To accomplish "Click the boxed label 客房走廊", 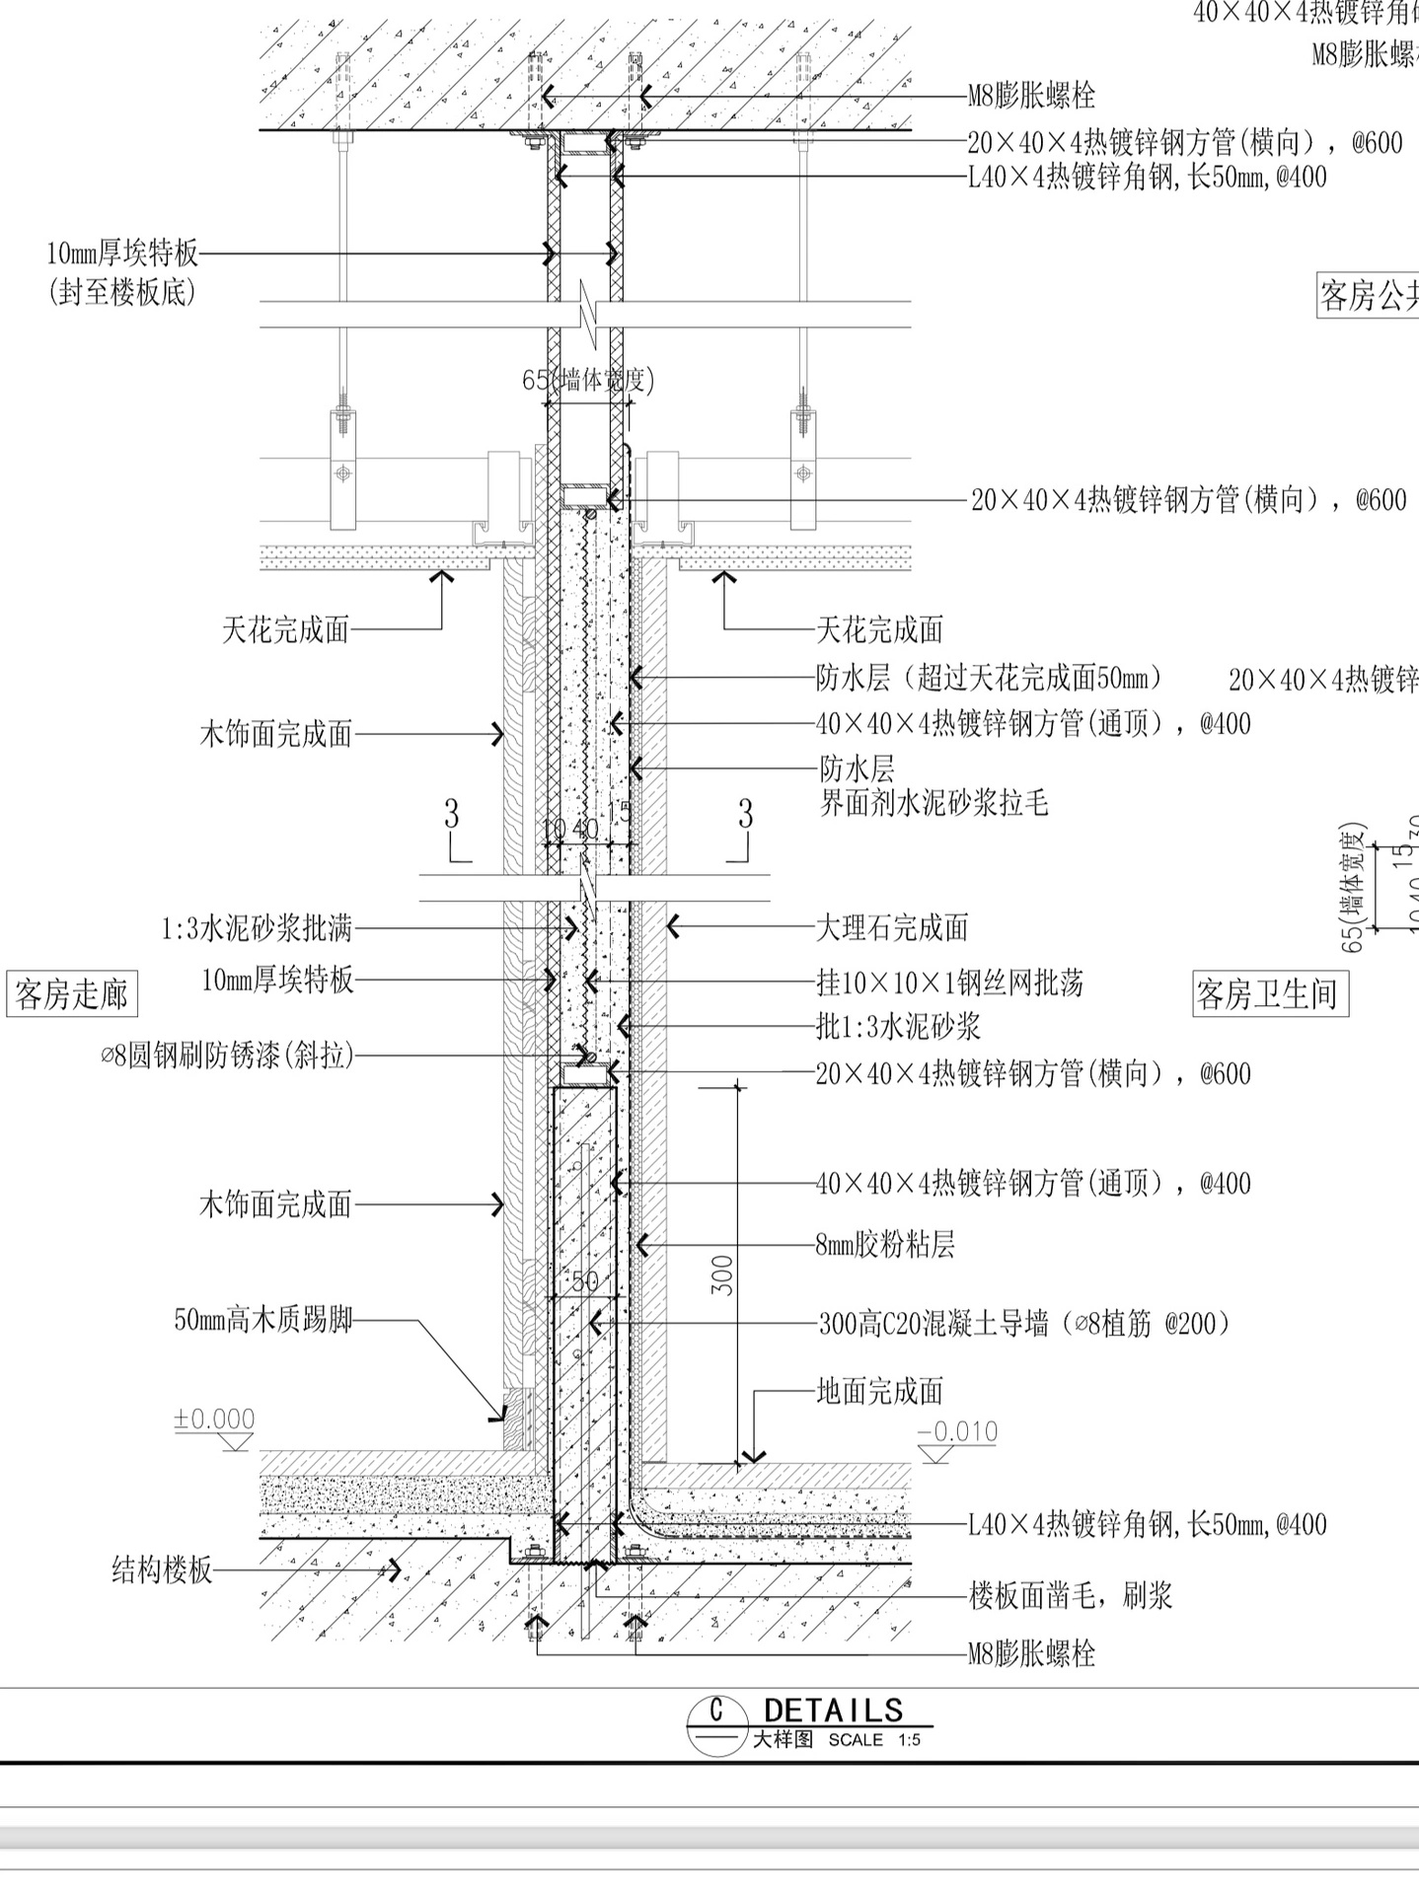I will [x=72, y=993].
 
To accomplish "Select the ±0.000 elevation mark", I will [x=214, y=1420].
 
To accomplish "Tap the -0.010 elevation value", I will [x=956, y=1431].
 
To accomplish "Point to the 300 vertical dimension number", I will [x=723, y=1275].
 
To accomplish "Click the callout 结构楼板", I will [x=162, y=1569].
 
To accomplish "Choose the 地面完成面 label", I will [x=879, y=1391].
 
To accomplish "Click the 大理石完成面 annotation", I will [x=891, y=927].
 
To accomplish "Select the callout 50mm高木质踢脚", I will [x=263, y=1320].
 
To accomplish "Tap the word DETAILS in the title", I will [x=834, y=1710].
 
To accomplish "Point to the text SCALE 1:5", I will [x=874, y=1740].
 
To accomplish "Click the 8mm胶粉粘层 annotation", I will [x=884, y=1245].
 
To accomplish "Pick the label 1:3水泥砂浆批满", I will [x=257, y=928].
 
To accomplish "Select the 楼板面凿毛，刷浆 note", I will [x=1070, y=1595].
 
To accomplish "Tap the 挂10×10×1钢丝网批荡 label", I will [x=949, y=983].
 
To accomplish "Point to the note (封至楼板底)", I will [x=121, y=293].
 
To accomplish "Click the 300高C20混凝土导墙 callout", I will [x=1024, y=1323].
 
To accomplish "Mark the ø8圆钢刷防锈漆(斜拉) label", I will [x=227, y=1056].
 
